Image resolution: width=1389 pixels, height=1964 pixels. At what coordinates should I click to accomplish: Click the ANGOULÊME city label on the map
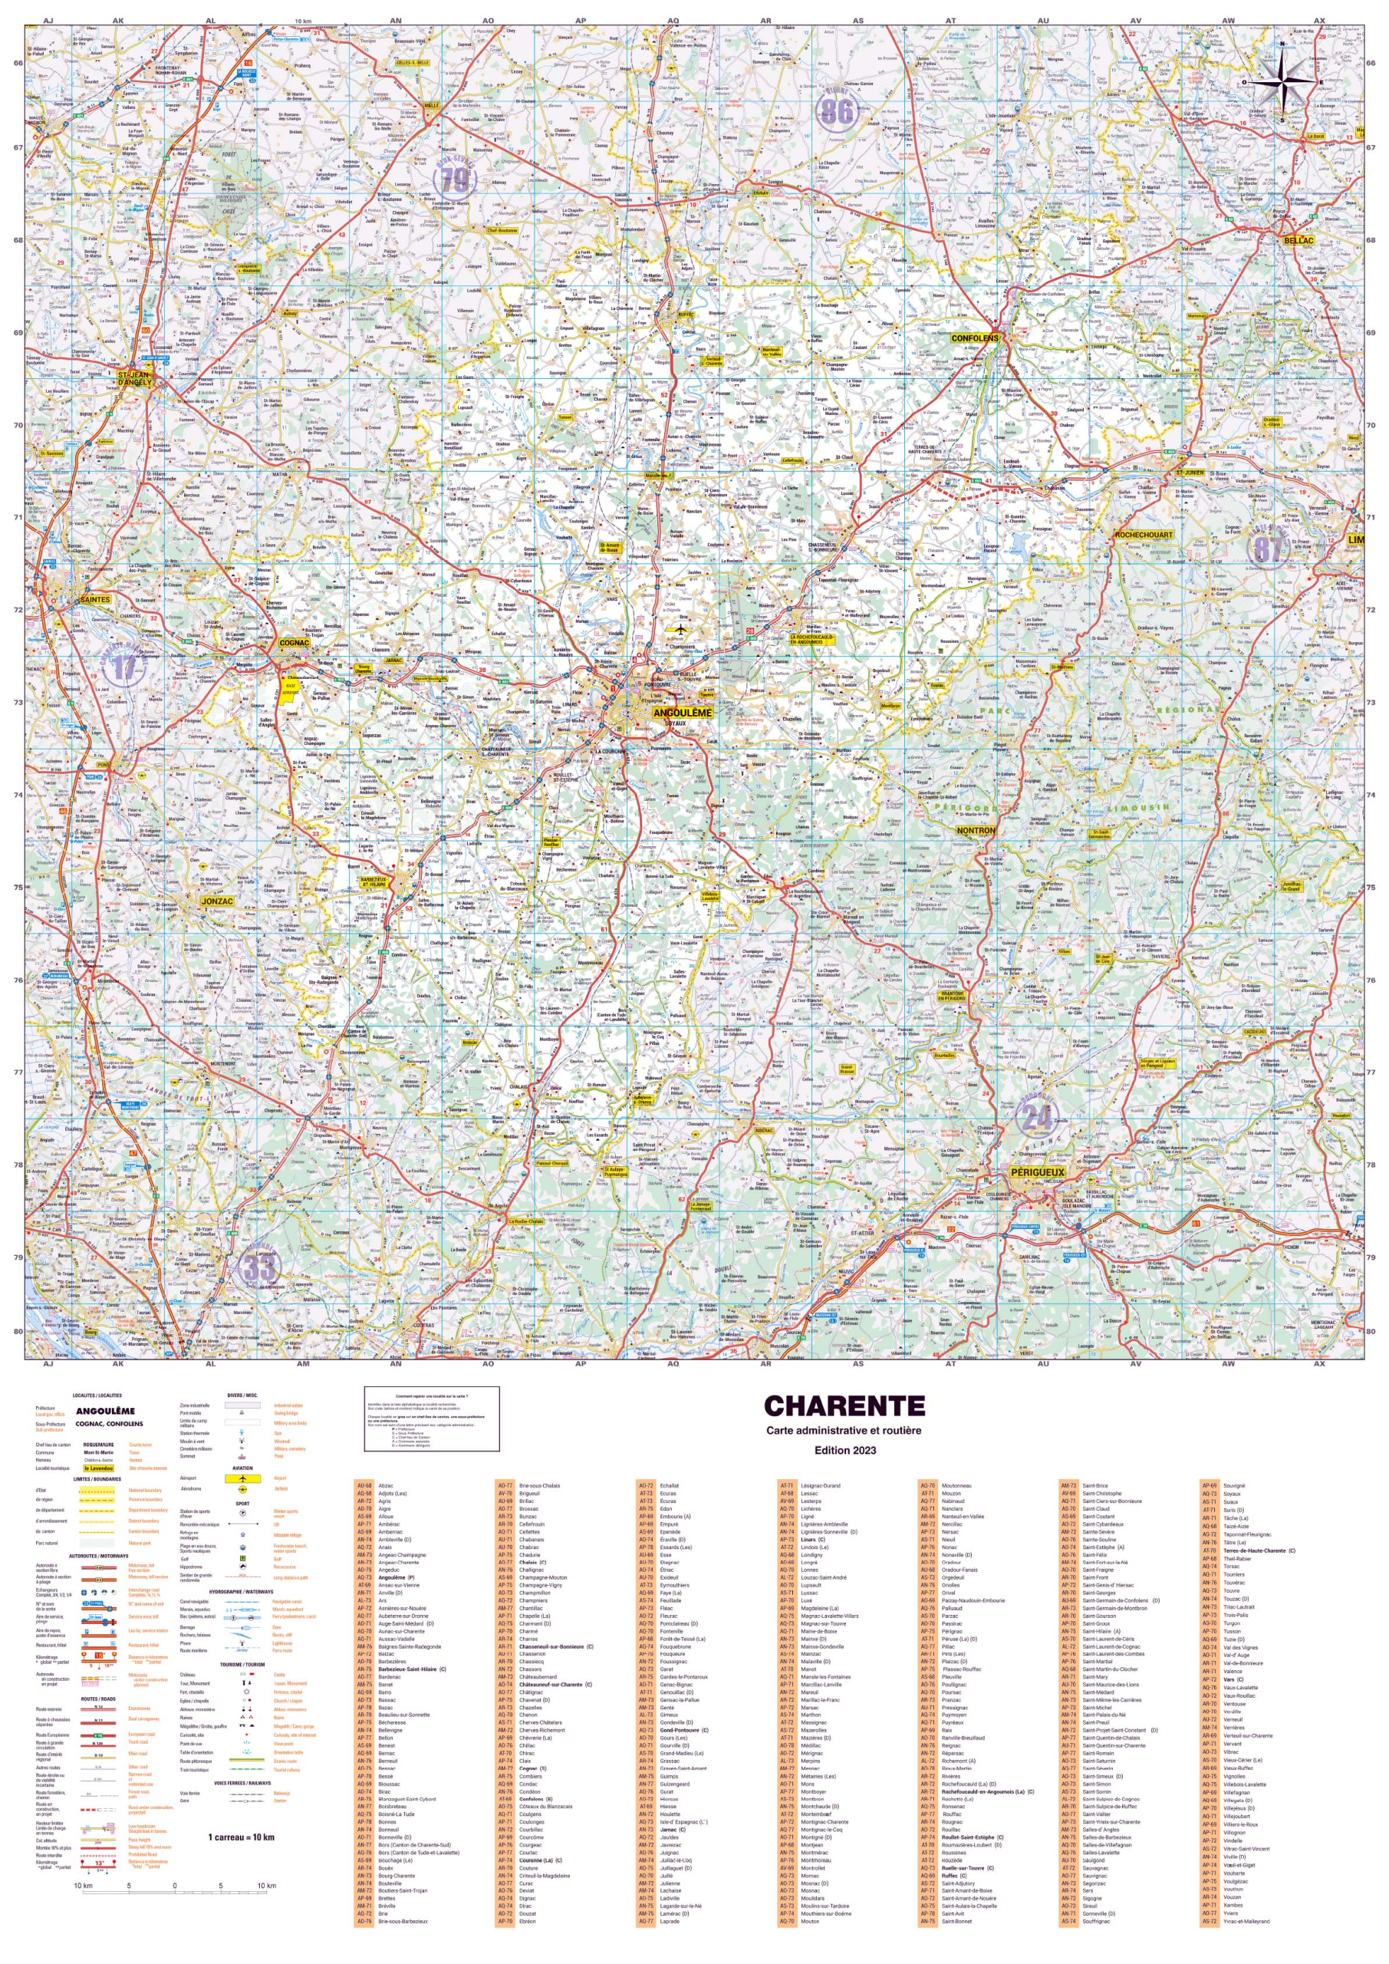[x=682, y=713]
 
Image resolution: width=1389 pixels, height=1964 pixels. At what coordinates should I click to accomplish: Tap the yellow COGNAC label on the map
[x=295, y=642]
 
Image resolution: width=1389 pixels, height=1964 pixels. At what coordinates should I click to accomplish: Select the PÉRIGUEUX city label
[x=1038, y=1172]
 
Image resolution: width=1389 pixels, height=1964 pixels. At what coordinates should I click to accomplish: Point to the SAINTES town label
[x=94, y=600]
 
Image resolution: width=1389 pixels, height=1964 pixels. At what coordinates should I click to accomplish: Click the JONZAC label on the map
[x=217, y=901]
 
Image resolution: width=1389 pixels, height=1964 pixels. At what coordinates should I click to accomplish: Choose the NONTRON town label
[x=975, y=831]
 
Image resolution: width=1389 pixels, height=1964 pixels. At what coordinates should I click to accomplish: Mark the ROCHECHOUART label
[x=1144, y=535]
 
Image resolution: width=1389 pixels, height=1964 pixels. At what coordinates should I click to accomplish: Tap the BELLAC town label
[x=1298, y=241]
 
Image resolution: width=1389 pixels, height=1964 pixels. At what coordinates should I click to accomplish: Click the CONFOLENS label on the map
[x=974, y=338]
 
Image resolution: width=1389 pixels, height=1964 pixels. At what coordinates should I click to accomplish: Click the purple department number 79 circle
[x=454, y=180]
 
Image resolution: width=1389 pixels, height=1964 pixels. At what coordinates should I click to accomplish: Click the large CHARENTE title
[x=844, y=1406]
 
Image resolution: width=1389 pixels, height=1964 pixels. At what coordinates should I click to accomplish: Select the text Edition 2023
[x=844, y=1450]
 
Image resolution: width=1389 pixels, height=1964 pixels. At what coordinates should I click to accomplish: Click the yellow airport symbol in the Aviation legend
[x=244, y=1478]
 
